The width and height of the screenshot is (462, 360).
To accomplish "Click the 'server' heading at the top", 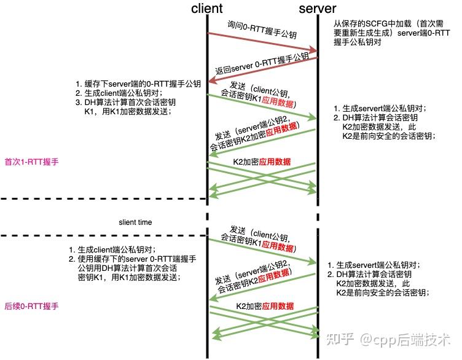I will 317,9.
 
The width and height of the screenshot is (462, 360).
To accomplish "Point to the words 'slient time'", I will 135,222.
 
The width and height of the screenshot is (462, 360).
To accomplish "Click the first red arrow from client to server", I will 264,42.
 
